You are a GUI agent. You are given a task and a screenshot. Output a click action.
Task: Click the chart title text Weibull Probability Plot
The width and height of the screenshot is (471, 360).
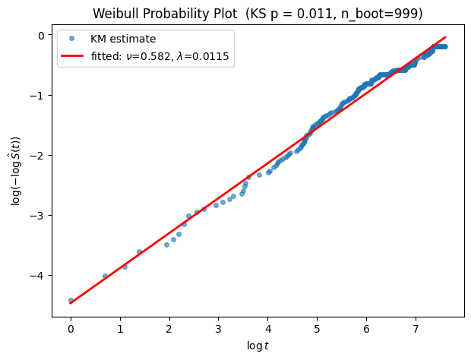point(165,14)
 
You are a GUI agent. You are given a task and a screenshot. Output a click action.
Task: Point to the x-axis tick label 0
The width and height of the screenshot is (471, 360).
point(71,330)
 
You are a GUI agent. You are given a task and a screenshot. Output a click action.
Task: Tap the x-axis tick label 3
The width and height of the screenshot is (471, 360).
point(219,330)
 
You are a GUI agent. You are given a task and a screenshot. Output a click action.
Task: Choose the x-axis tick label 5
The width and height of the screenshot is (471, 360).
point(318,330)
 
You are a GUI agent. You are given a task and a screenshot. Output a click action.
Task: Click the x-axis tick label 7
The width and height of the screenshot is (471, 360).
point(416,330)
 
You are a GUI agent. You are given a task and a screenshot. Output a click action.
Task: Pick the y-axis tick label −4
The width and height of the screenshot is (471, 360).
point(36,276)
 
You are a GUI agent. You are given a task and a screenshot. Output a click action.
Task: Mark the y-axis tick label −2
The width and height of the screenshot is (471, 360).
point(36,155)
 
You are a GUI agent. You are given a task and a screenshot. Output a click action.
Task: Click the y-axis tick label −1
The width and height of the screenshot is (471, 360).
point(36,95)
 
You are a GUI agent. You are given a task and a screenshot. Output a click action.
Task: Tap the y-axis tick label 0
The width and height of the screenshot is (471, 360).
point(41,36)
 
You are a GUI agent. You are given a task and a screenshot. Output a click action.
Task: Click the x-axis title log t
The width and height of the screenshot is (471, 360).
point(258,346)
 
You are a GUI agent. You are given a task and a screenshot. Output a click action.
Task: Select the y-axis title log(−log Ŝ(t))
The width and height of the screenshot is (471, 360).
point(15,171)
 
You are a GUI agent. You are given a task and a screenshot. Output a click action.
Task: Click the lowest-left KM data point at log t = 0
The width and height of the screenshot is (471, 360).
point(71,300)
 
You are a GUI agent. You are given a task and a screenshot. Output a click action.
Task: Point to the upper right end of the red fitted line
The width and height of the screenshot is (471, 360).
point(445,37)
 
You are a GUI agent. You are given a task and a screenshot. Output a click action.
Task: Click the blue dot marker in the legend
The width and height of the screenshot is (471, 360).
point(71,39)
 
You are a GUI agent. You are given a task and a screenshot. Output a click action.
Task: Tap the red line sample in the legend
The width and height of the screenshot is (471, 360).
point(72,56)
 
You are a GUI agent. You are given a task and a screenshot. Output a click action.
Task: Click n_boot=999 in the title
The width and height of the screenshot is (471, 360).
point(379,14)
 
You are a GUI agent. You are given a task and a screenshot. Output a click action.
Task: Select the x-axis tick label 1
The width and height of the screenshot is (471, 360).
point(120,330)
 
